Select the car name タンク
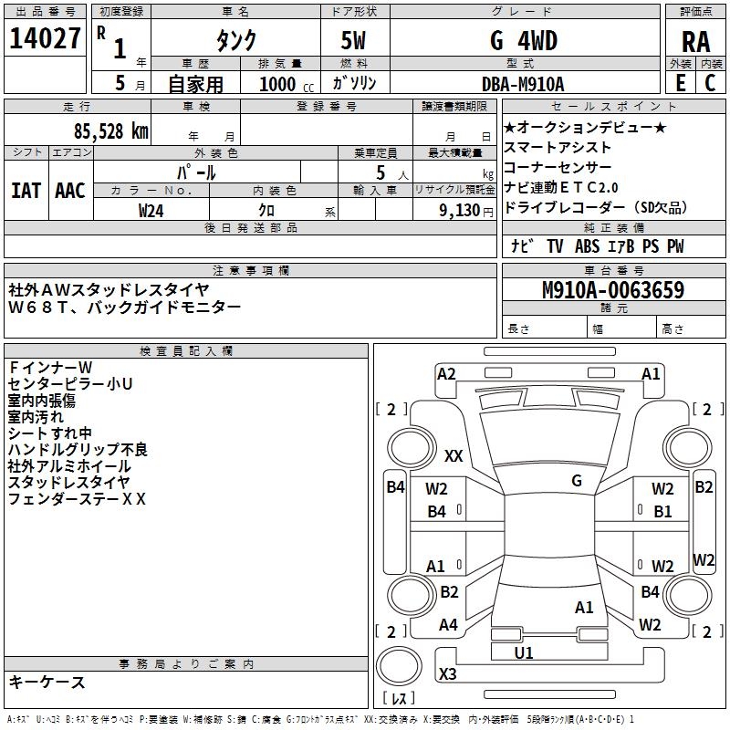(x=235, y=41)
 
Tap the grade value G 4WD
(x=523, y=41)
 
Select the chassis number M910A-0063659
(x=612, y=291)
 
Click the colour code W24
(x=151, y=210)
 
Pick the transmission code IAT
(x=26, y=191)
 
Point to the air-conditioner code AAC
(x=70, y=191)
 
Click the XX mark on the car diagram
(x=454, y=455)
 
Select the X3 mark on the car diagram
(x=447, y=673)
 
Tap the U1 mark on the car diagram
(x=524, y=653)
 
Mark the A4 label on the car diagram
(x=448, y=625)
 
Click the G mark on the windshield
(x=576, y=480)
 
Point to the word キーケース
(x=47, y=682)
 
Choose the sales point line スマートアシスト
(x=558, y=147)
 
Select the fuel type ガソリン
(x=354, y=83)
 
